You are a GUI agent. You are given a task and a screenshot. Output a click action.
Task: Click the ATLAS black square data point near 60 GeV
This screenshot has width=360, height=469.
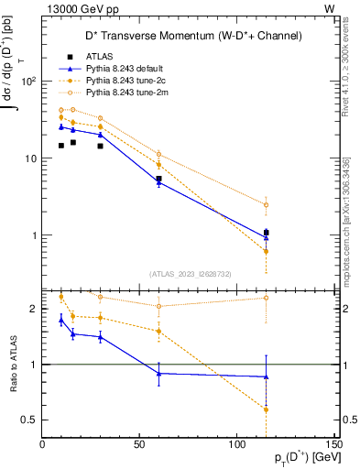[159, 179]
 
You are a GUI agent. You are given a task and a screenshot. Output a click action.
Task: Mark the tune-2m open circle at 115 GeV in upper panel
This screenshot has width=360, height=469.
[266, 205]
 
